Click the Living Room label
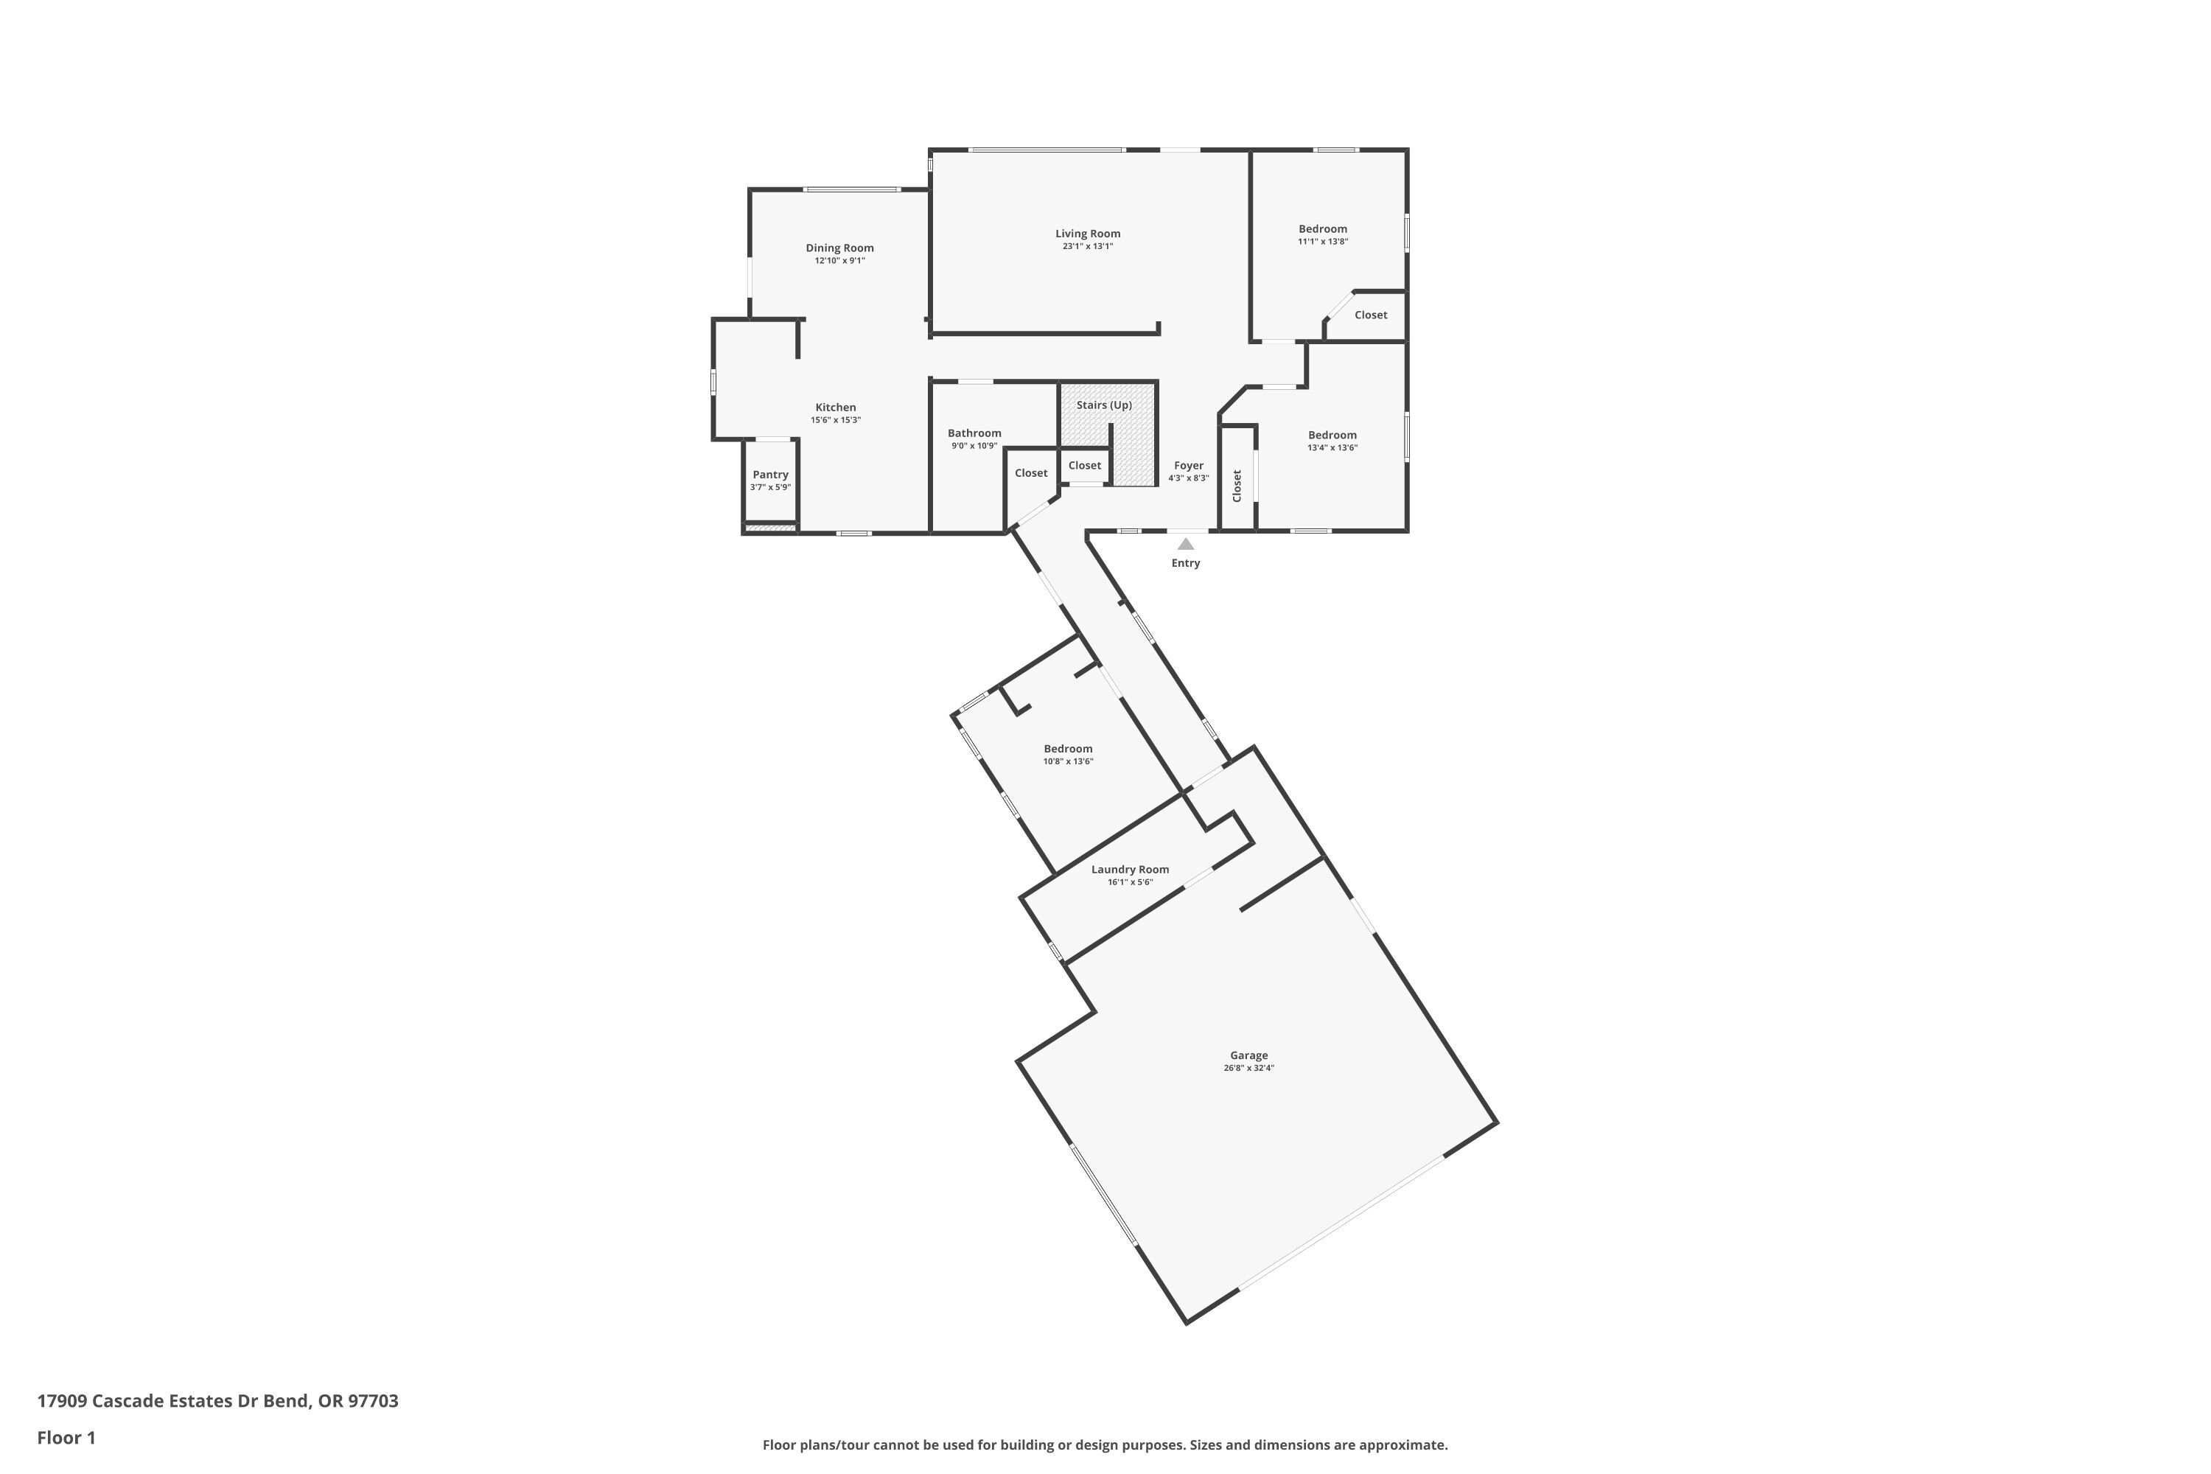click(1088, 233)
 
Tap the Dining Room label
click(839, 248)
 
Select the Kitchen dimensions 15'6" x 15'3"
click(836, 420)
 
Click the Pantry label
click(770, 475)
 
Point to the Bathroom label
click(974, 433)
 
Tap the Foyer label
click(1188, 465)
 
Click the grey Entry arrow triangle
click(1185, 545)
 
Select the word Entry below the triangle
click(1185, 563)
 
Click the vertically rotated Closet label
click(1237, 485)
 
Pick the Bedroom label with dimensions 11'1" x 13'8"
click(1323, 228)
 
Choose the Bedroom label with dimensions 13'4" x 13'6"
click(1332, 436)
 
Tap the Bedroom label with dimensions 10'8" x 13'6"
click(1068, 750)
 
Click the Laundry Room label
click(1130, 870)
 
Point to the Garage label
click(1248, 1055)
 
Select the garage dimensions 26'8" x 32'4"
click(1248, 1068)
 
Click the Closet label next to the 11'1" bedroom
click(1371, 315)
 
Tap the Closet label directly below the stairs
click(1084, 465)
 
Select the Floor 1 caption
click(66, 1437)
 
